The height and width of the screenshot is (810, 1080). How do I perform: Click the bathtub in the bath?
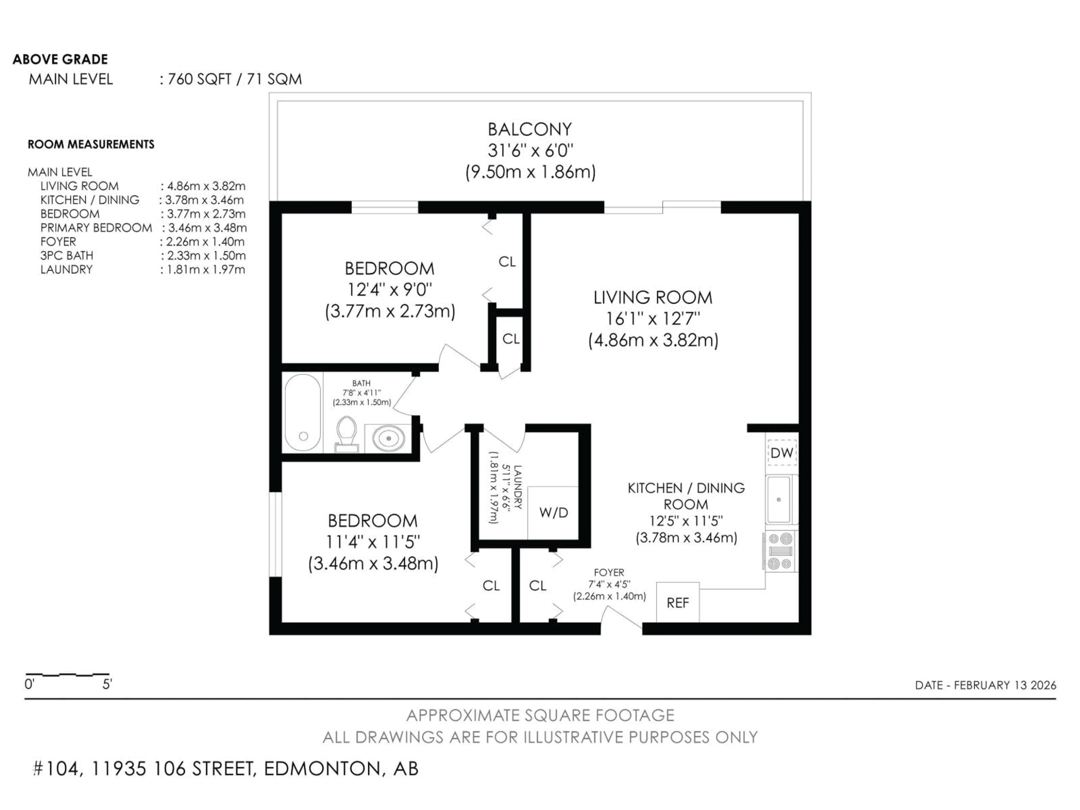[303, 413]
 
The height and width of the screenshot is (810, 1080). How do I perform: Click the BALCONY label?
[530, 129]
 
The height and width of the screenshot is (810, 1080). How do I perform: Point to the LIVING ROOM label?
[653, 297]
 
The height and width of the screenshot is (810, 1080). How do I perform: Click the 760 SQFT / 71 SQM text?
[234, 79]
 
